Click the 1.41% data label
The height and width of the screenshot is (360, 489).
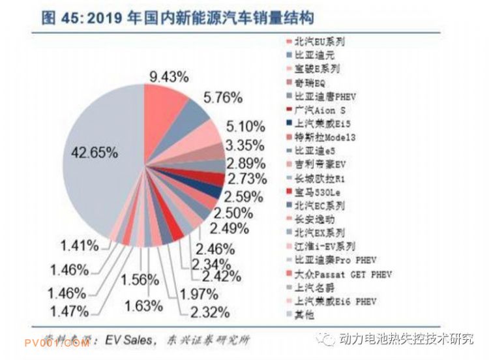click(x=80, y=246)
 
